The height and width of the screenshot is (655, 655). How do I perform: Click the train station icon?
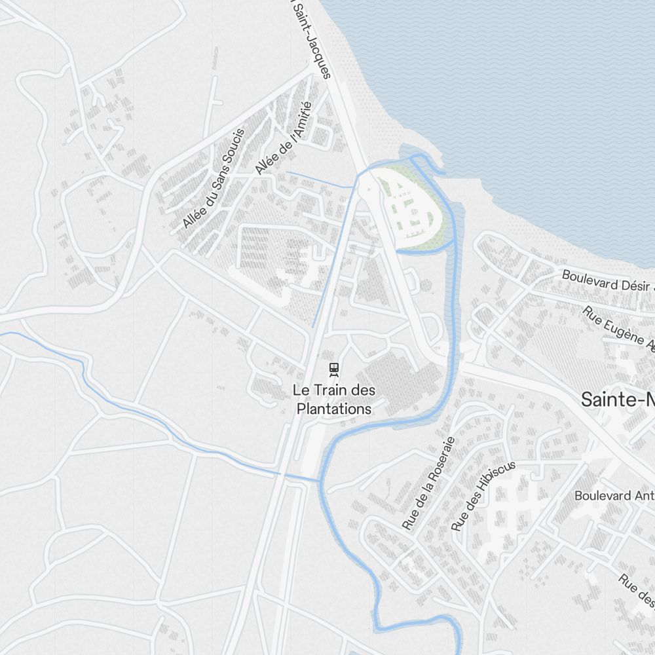point(334,369)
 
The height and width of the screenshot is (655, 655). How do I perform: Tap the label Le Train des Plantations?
point(334,400)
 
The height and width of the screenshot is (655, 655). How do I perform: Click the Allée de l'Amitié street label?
point(282,143)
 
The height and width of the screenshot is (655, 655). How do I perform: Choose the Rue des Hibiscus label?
point(483,495)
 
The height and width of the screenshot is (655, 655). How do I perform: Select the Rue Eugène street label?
point(618,329)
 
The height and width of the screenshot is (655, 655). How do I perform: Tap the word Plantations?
point(334,409)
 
